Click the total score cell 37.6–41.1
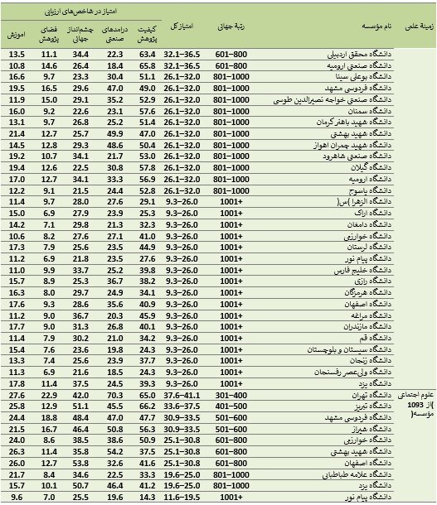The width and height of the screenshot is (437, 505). (x=182, y=396)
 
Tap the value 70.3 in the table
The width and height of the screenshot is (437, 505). (x=114, y=396)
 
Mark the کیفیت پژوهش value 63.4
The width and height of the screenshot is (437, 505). (x=148, y=54)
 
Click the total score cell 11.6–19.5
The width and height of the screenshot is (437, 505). (x=182, y=497)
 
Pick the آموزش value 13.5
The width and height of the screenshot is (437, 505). (x=17, y=54)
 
